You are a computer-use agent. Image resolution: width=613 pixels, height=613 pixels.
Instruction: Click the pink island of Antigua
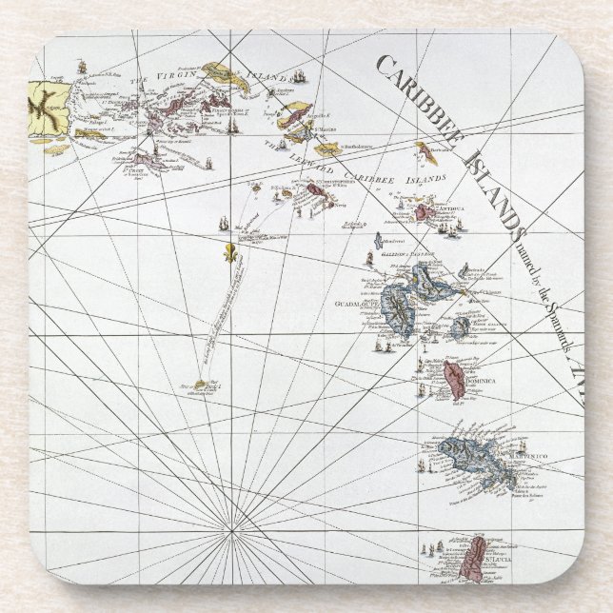coord(422,211)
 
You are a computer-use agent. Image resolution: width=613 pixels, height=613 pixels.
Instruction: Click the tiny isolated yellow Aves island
coord(201,385)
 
